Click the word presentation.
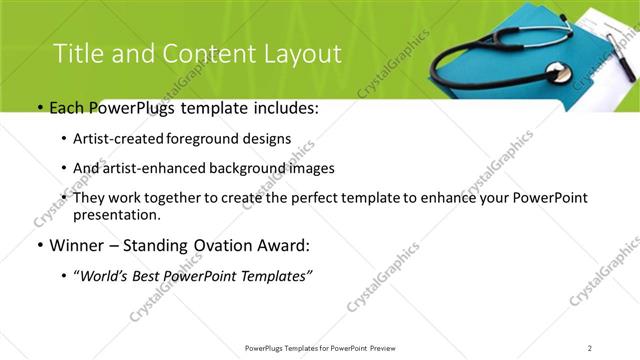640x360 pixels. pos(116,214)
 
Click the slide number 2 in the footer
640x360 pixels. pos(591,348)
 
